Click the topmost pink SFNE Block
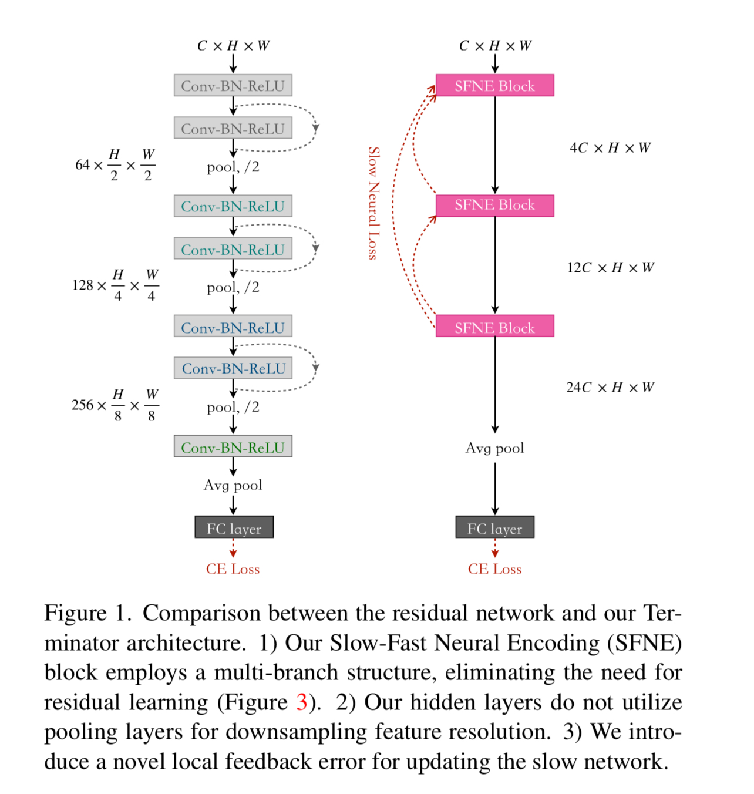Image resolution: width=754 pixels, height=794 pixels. click(x=494, y=85)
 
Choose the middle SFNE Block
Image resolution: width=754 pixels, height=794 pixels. click(x=494, y=205)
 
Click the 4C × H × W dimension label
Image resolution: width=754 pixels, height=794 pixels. click(x=610, y=148)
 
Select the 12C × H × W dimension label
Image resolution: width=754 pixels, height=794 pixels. click(x=610, y=268)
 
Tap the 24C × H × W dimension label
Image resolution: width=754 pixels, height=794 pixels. click(x=610, y=388)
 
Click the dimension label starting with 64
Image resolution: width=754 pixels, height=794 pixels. click(x=115, y=165)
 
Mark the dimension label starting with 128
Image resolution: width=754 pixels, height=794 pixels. click(x=115, y=285)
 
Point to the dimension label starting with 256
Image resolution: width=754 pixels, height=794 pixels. click(x=115, y=405)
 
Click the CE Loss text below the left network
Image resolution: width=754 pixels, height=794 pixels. click(x=233, y=569)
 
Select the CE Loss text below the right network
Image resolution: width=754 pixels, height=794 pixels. click(x=494, y=569)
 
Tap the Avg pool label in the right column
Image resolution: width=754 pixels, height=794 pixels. click(x=494, y=448)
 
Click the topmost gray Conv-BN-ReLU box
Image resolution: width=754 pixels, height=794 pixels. click(x=233, y=85)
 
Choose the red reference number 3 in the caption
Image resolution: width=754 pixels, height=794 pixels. click(x=302, y=702)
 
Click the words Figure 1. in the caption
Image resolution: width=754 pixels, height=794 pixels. click(x=88, y=614)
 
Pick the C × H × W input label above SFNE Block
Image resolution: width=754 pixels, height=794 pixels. click(x=495, y=46)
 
